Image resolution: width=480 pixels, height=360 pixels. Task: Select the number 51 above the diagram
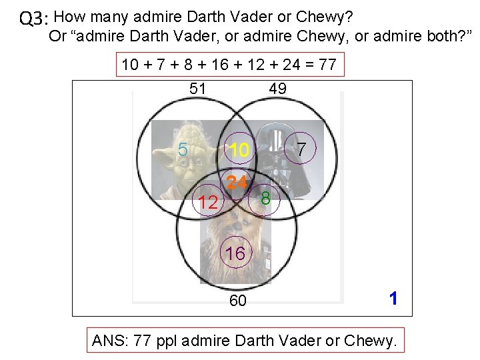point(198,89)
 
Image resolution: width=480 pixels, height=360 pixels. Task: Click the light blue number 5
point(183,149)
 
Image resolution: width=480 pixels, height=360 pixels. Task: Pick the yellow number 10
point(239,151)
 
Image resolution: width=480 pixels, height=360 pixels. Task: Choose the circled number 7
point(301,149)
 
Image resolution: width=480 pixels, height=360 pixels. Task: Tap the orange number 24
point(237,182)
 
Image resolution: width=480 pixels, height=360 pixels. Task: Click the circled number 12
point(209,203)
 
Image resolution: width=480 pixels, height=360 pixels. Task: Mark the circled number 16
point(235,253)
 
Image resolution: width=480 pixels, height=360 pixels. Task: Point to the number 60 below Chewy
point(237,301)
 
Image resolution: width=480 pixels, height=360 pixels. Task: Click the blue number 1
point(393,298)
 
